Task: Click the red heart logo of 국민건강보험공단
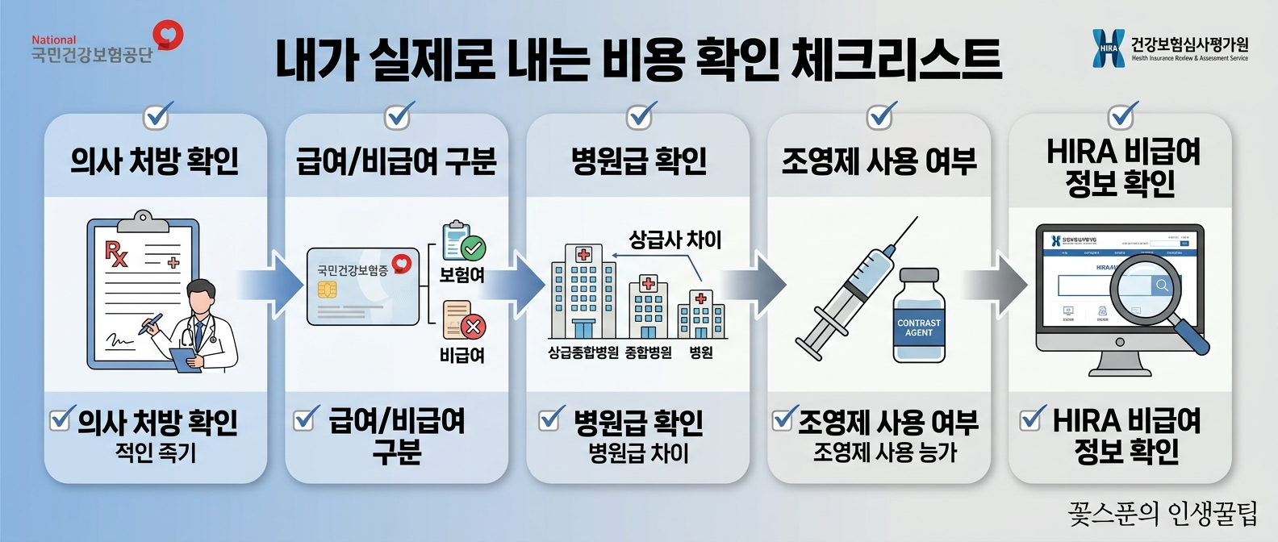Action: (x=169, y=35)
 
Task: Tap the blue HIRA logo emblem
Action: (x=1108, y=48)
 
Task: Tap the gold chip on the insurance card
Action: (x=327, y=290)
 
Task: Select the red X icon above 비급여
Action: (x=473, y=327)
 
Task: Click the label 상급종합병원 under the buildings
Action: (x=583, y=352)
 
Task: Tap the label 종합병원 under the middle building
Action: (x=648, y=352)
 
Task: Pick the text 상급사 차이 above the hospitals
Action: (x=674, y=240)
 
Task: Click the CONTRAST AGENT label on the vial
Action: (x=918, y=327)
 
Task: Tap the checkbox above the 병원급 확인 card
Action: (x=640, y=117)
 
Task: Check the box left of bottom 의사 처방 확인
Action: (x=60, y=419)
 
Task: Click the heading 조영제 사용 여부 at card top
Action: (x=879, y=161)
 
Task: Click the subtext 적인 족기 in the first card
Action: (x=156, y=452)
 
